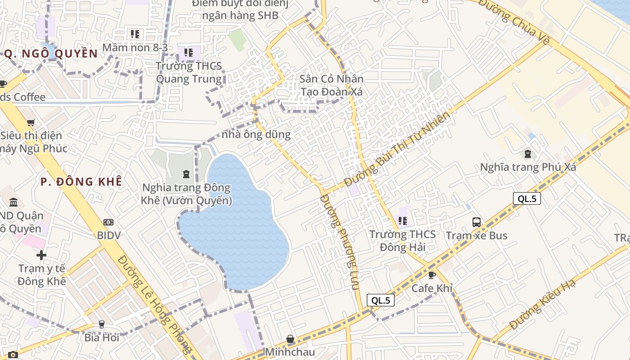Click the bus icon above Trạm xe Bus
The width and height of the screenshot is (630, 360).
(x=476, y=222)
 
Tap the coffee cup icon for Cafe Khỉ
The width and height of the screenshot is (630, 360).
(x=432, y=274)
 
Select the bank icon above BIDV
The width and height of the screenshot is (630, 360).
(x=108, y=222)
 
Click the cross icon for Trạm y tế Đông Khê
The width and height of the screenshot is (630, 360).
(x=41, y=255)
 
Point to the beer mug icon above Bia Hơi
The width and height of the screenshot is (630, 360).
(x=102, y=324)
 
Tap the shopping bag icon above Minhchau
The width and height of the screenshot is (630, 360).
(x=290, y=338)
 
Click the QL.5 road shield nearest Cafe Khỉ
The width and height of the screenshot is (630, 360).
(x=381, y=300)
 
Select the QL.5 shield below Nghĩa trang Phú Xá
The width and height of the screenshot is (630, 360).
(x=526, y=198)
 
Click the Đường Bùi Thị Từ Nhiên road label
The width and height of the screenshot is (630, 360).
(x=397, y=149)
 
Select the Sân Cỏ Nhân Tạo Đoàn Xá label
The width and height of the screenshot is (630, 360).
(x=332, y=85)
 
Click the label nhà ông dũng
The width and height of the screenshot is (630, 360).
(x=256, y=134)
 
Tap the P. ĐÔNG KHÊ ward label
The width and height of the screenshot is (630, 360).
(x=81, y=182)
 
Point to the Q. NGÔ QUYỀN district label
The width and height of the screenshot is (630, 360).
(x=51, y=54)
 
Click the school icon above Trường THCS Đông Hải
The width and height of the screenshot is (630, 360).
(x=402, y=220)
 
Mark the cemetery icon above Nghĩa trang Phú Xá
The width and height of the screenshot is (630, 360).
(x=527, y=154)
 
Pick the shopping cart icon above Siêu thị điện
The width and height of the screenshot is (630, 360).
(x=31, y=122)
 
